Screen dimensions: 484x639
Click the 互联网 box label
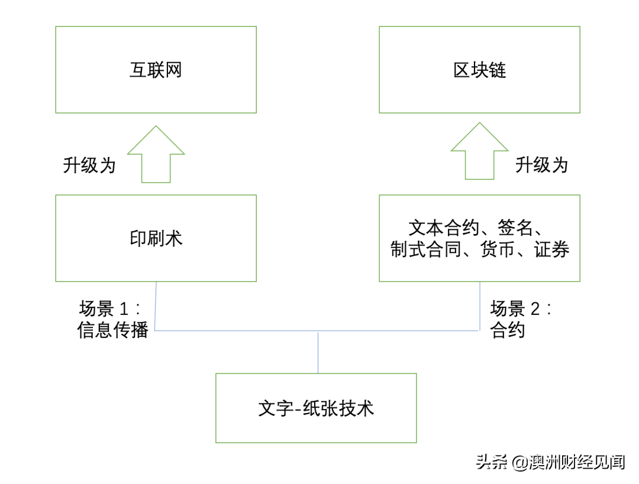pyautogui.click(x=156, y=70)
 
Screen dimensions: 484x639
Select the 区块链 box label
pyautogui.click(x=479, y=70)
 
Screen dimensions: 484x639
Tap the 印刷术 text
pyautogui.click(x=156, y=239)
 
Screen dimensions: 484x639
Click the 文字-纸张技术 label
pyautogui.click(x=316, y=408)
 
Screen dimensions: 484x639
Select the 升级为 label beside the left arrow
pyautogui.click(x=89, y=165)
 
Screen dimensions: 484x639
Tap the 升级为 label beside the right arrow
pyautogui.click(x=541, y=165)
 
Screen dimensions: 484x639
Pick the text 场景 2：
pyautogui.click(x=521, y=309)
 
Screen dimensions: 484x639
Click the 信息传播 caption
pyautogui.click(x=112, y=330)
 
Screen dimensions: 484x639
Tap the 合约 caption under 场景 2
pyautogui.click(x=508, y=330)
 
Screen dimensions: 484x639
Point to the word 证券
pyautogui.click(x=551, y=250)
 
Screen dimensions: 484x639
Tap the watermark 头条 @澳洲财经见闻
pyautogui.click(x=550, y=462)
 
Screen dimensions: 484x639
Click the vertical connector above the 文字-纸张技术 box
pyautogui.click(x=318, y=352)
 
